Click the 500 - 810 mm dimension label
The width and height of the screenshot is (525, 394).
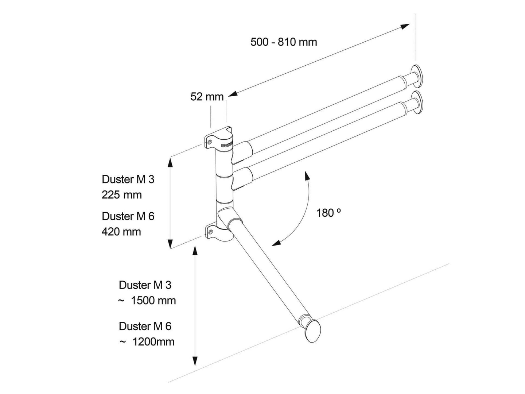tap(283, 42)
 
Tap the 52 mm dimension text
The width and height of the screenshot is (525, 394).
tap(207, 97)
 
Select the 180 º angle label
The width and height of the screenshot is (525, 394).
tap(328, 213)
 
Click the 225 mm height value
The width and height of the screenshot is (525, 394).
tap(121, 195)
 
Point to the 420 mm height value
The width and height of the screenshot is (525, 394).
tap(121, 232)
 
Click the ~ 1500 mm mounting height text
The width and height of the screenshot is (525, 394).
tap(147, 301)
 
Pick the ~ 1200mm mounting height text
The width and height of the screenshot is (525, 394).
tap(147, 342)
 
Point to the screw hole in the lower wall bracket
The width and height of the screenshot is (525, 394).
tap(210, 231)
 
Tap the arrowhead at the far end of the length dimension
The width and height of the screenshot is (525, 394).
tap(405, 26)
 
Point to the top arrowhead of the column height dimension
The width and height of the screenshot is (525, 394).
tap(170, 161)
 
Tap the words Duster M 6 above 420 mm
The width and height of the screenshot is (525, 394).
tap(128, 216)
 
